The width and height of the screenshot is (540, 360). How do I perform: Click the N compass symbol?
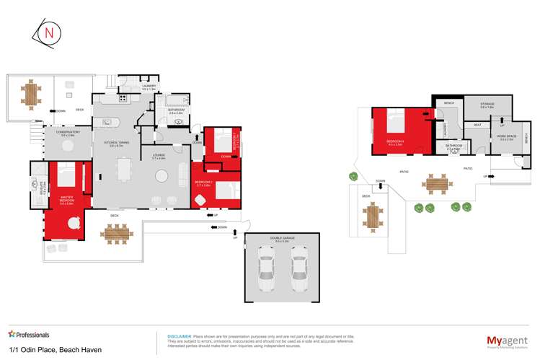coord(49,34)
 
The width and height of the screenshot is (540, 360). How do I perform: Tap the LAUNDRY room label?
coord(149,87)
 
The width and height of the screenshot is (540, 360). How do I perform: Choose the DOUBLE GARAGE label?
coord(281,240)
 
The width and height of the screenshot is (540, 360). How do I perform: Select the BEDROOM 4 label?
coord(394,141)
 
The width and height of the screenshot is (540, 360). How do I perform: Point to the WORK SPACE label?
coord(506,137)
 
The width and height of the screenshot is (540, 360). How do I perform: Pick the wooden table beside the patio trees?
coord(435,184)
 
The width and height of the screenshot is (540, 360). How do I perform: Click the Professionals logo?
coord(29,335)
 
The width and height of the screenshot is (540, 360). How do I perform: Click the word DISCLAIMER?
coord(179,336)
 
